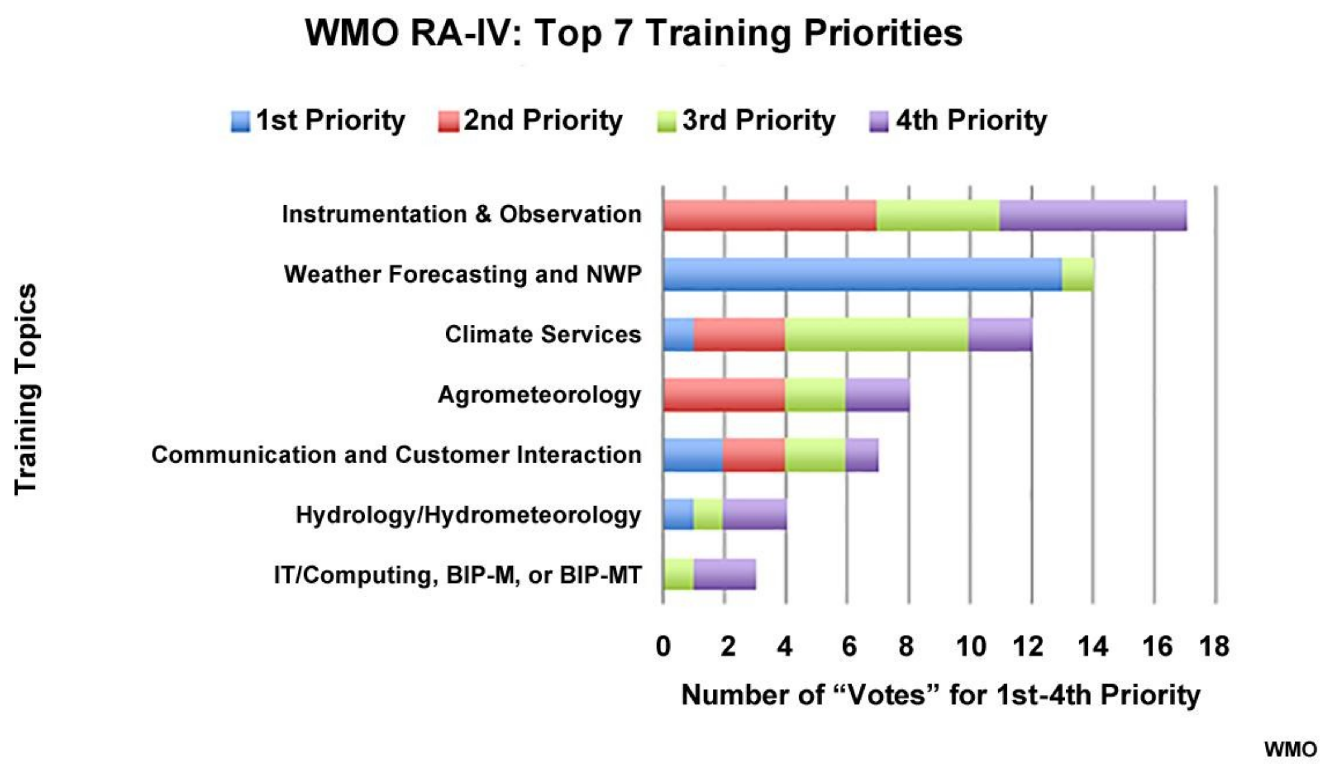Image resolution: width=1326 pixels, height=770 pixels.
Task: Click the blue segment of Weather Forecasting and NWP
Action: (862, 274)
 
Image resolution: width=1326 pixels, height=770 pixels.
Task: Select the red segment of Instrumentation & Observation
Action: (769, 215)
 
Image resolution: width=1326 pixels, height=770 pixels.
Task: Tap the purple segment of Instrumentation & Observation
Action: (1093, 215)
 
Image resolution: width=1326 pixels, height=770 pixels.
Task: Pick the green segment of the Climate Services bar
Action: (877, 334)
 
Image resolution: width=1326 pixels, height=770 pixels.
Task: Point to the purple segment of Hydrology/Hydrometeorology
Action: (755, 514)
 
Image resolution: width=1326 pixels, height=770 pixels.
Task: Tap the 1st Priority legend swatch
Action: (240, 121)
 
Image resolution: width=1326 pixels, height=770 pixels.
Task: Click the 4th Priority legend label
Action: (972, 121)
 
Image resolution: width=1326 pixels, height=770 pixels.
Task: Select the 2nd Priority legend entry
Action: (530, 121)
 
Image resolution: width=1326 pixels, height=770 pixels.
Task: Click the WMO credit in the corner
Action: (1291, 749)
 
